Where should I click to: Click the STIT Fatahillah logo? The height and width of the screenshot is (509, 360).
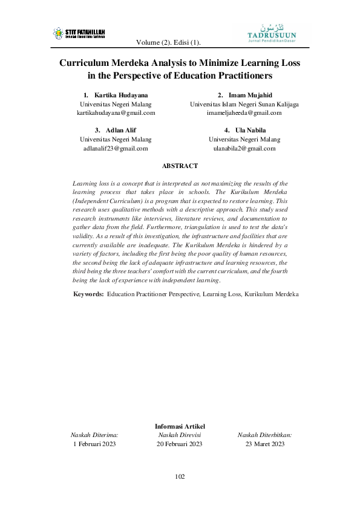79,33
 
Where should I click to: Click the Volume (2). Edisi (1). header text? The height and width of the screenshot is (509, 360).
169,42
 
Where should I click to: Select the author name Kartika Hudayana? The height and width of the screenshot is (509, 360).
120,95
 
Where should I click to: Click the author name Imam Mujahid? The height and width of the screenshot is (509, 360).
249,95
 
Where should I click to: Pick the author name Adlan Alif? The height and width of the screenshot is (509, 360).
120,130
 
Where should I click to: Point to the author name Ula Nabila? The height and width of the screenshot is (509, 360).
249,130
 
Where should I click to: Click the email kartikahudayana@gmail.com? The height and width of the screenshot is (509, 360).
116,112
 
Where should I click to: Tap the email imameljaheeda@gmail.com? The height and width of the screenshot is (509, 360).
244,112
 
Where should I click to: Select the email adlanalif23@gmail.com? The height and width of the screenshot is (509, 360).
116,148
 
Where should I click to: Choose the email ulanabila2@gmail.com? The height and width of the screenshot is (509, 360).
244,148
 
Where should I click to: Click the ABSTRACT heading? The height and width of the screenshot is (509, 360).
180,166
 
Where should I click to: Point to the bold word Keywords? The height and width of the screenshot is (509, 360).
88,294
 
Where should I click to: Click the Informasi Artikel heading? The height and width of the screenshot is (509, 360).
180,426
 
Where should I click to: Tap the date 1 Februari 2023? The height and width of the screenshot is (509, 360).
94,444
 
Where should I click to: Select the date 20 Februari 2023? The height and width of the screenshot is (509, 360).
180,444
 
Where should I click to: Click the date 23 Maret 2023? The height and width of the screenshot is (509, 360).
265,444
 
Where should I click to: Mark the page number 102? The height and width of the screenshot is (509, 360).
180,476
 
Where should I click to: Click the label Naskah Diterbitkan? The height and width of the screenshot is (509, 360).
265,435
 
